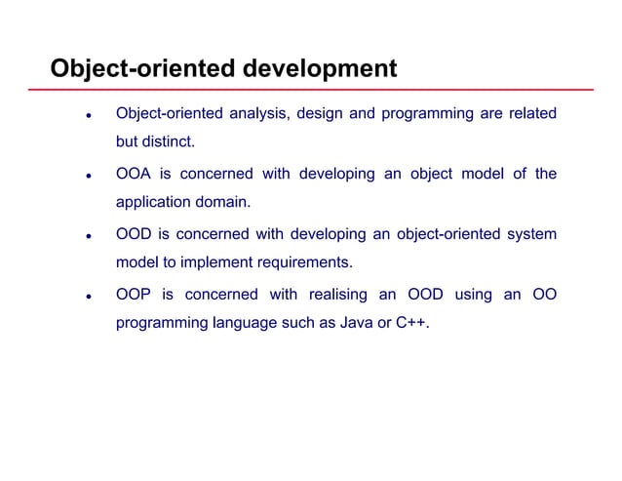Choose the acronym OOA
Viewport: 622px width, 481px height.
pyautogui.click(x=134, y=175)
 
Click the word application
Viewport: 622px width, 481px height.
pyautogui.click(x=155, y=205)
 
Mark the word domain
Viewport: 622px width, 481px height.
pyautogui.click(x=223, y=205)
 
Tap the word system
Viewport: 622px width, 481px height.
pyautogui.click(x=530, y=235)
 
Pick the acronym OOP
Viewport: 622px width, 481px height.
pyautogui.click(x=134, y=295)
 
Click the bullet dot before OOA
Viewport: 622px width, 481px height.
pyautogui.click(x=88, y=177)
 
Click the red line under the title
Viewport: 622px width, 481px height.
pyautogui.click(x=322, y=89)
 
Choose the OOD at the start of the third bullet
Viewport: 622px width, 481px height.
pyautogui.click(x=134, y=235)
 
